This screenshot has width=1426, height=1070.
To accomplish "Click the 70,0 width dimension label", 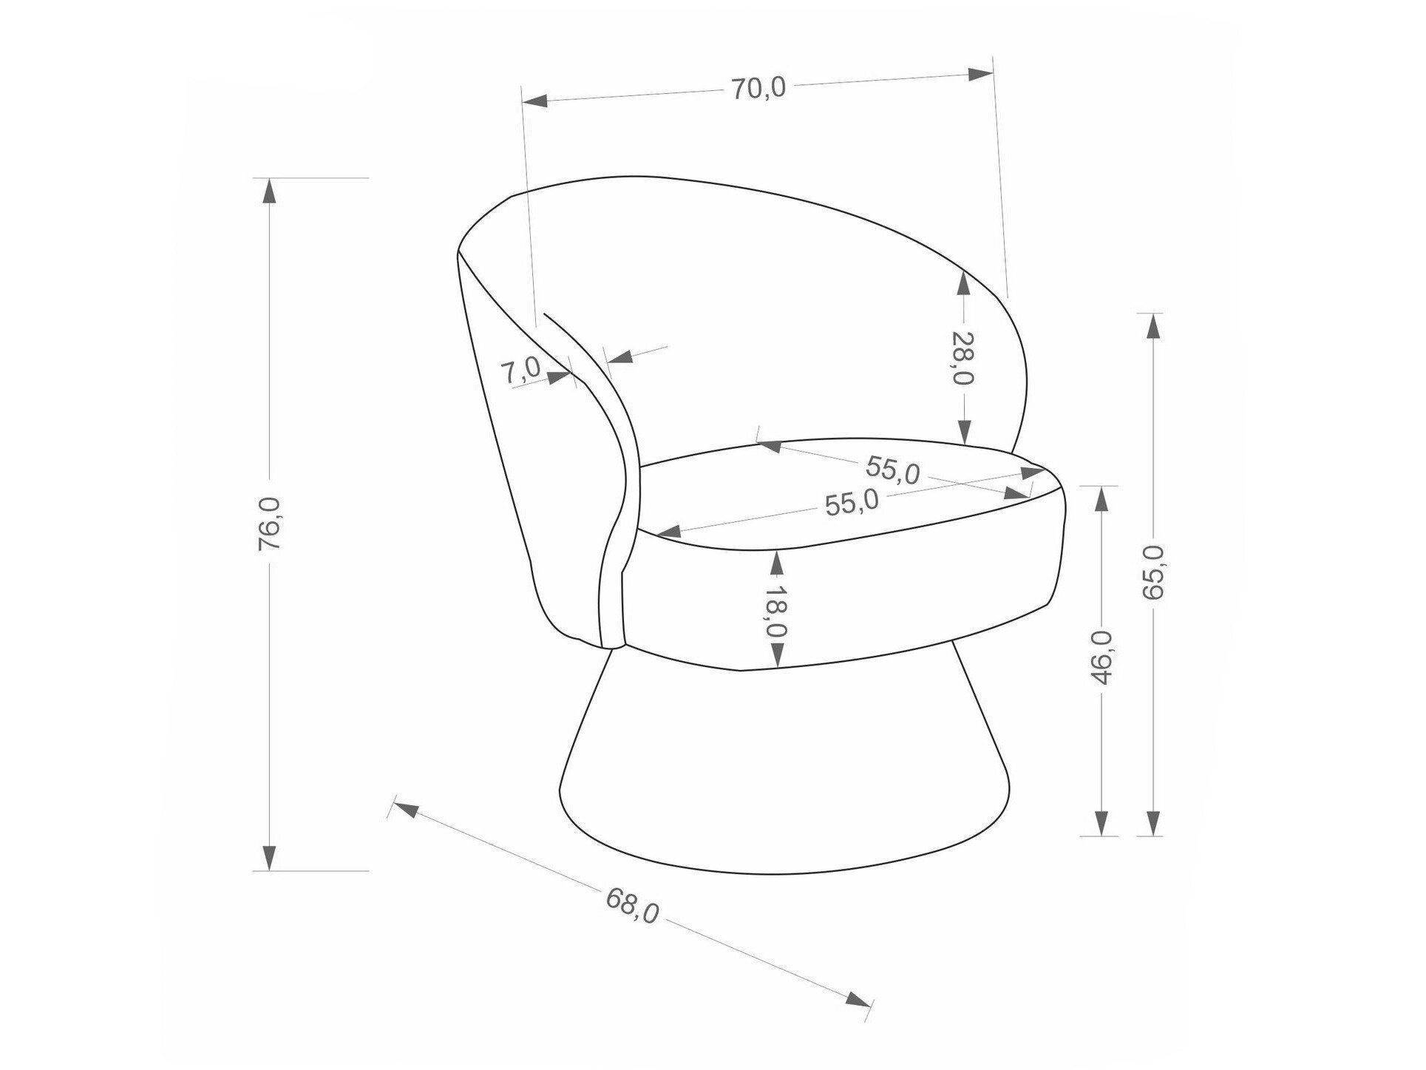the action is pyautogui.click(x=758, y=89).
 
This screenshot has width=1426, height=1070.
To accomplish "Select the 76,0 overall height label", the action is pyautogui.click(x=270, y=523).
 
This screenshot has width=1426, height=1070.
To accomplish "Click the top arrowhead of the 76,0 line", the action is pyautogui.click(x=270, y=191).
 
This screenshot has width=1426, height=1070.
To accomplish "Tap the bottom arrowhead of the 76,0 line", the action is pyautogui.click(x=270, y=858).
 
